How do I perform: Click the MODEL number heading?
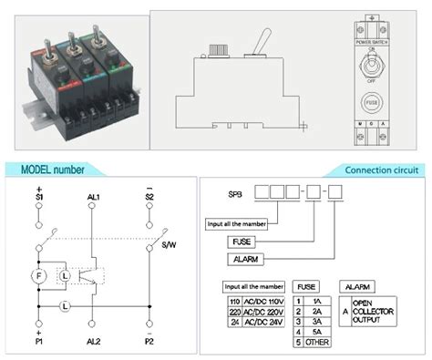coord(53,170)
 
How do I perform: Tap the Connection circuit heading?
coord(381,170)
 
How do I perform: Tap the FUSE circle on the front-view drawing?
coord(370,102)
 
